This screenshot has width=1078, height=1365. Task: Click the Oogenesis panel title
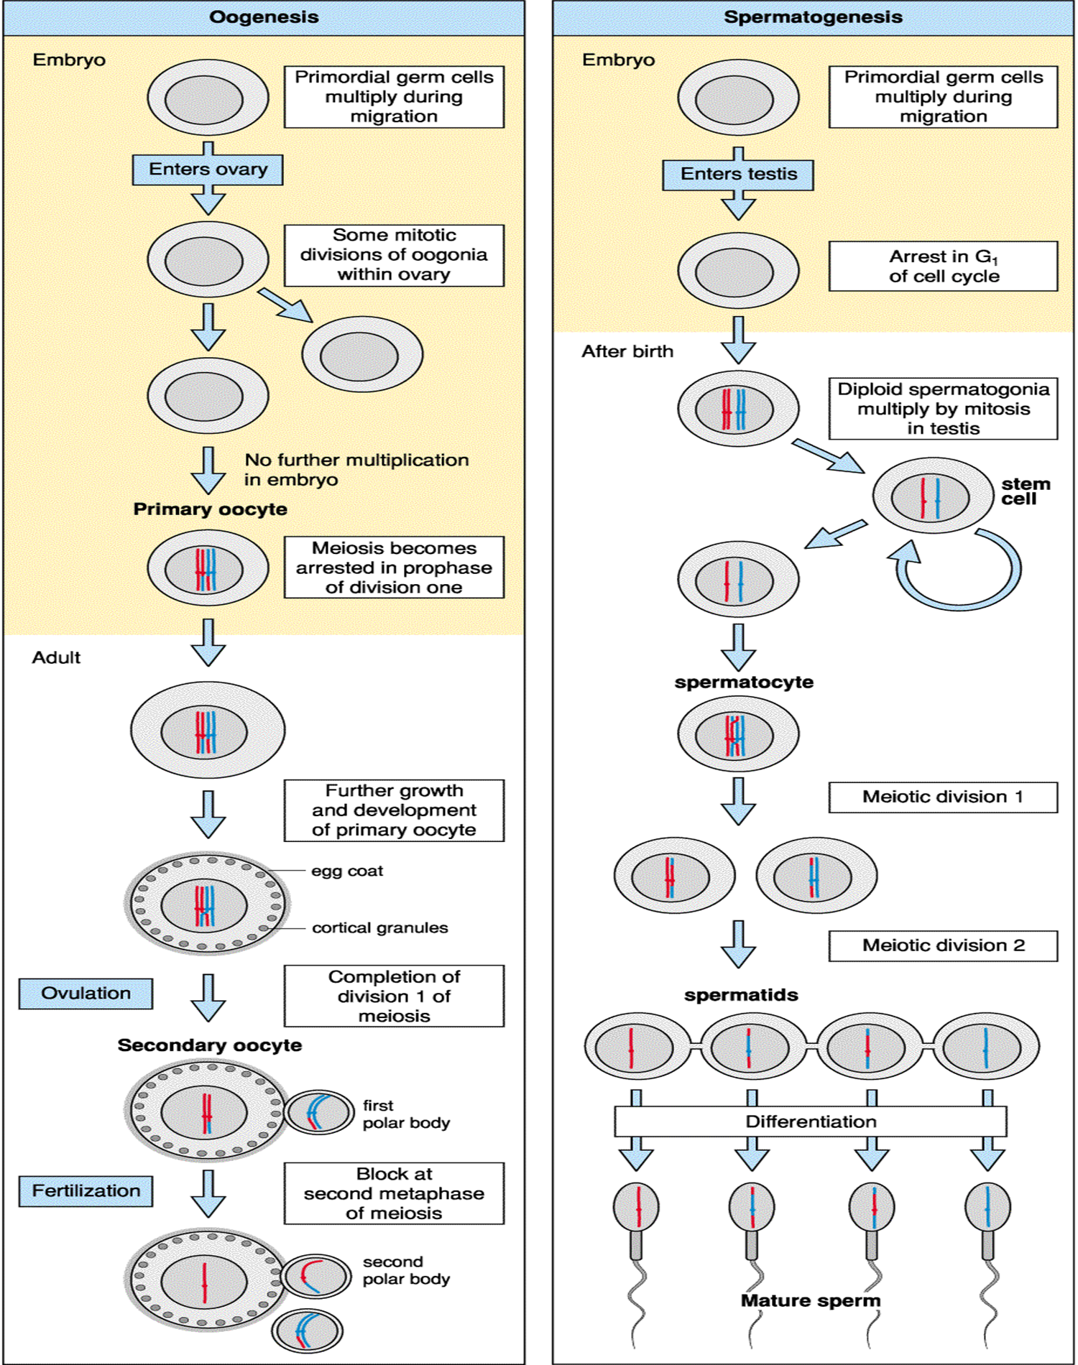click(264, 17)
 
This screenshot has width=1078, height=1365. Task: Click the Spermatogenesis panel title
click(813, 17)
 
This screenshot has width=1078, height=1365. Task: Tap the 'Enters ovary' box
click(208, 170)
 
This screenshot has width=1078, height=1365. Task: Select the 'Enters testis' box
click(738, 175)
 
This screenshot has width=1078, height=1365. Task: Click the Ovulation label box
click(86, 994)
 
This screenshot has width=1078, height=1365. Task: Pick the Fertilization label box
click(86, 1191)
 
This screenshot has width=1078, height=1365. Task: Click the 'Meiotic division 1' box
click(943, 797)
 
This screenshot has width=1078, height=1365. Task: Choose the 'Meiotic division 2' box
click(943, 946)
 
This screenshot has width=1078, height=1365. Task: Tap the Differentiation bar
click(811, 1122)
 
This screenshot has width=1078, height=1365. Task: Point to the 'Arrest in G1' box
click(943, 267)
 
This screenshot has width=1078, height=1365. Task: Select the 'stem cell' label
click(1025, 491)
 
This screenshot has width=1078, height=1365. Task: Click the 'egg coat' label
click(347, 871)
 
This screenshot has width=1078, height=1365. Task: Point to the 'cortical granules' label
click(379, 928)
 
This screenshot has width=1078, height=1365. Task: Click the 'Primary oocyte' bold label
click(210, 509)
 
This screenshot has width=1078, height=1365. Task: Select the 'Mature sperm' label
click(810, 1301)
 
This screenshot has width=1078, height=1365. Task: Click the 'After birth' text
click(627, 352)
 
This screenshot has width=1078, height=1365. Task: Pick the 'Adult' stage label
click(56, 658)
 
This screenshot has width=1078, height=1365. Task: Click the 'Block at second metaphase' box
click(394, 1194)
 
